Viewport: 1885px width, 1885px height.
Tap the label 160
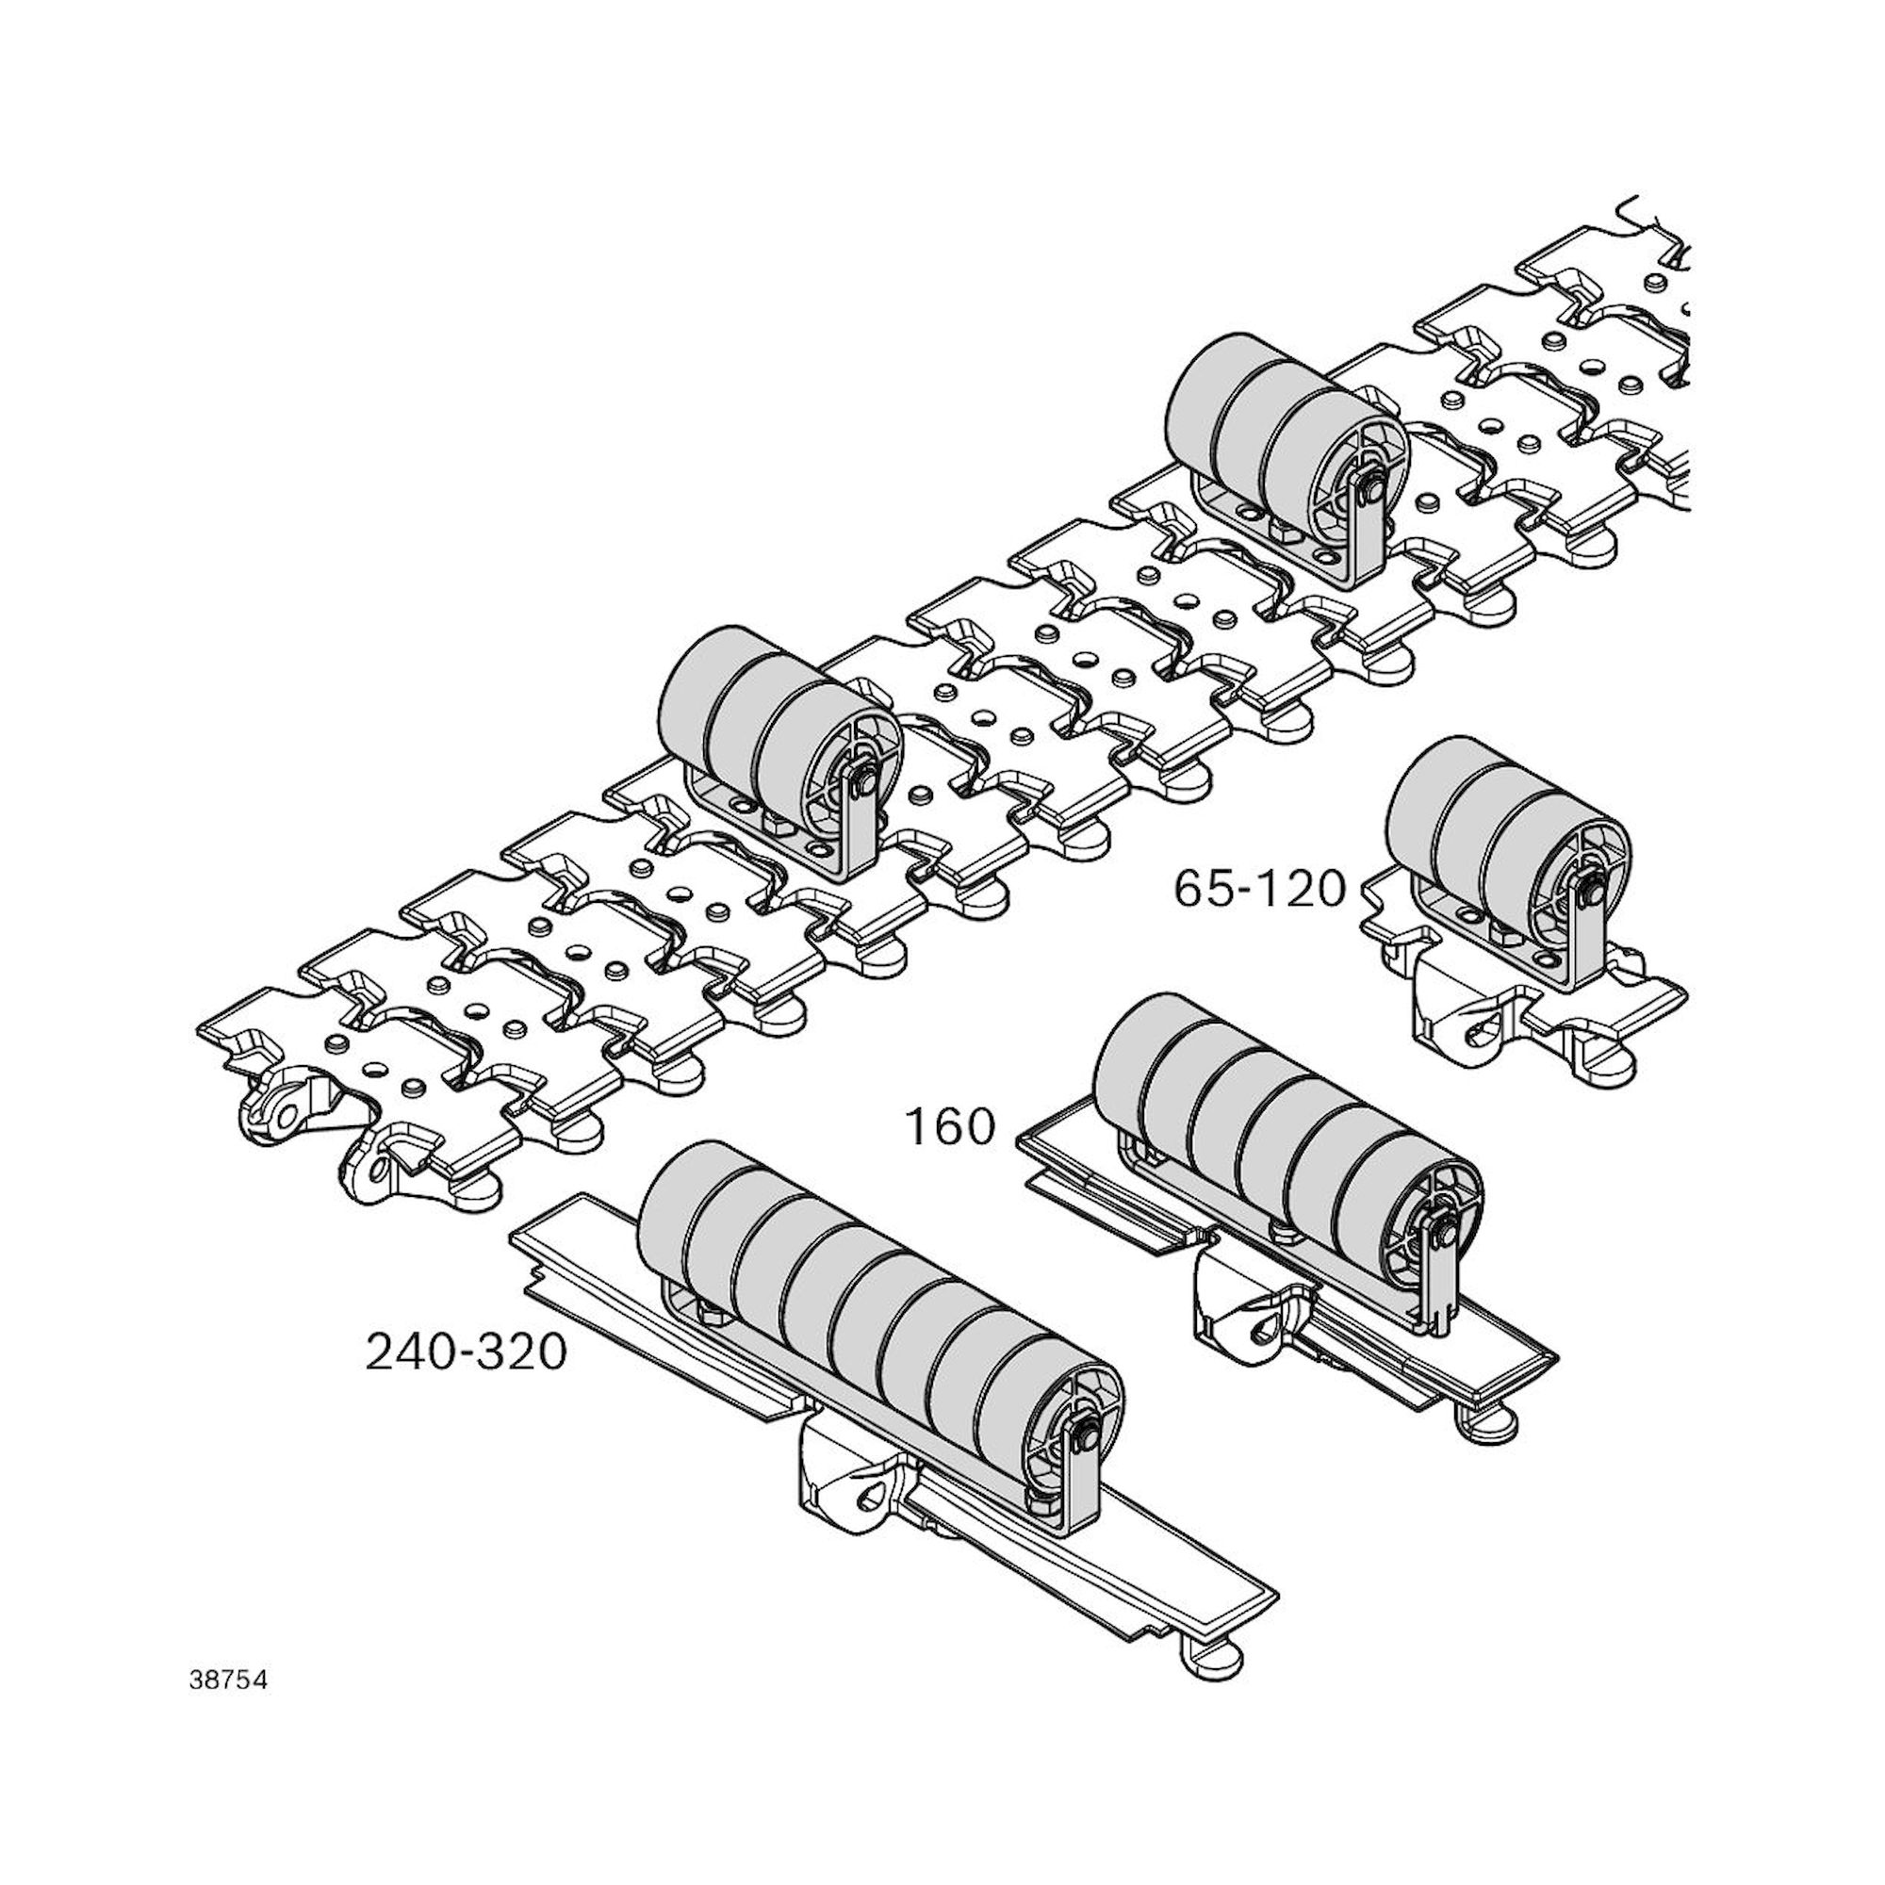(950, 1127)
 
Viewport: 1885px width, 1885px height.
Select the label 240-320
(466, 1352)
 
